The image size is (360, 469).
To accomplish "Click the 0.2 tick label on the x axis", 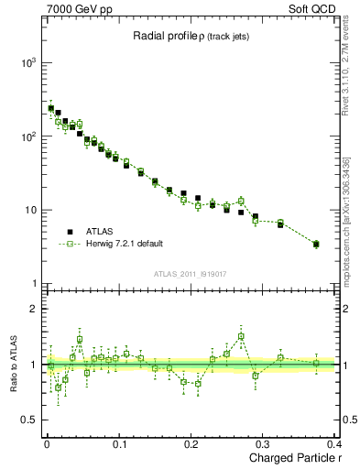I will (191, 446).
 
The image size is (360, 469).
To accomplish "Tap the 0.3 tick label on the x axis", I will (264, 446).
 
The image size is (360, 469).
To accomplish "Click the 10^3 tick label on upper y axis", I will (29, 62).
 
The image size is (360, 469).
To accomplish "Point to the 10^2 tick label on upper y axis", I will (29, 136).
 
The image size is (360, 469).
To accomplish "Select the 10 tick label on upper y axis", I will (31, 210).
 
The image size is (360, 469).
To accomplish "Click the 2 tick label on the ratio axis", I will (35, 309).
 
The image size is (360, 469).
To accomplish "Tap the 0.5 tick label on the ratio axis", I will (30, 420).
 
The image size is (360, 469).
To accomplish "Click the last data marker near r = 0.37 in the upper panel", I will (316, 244).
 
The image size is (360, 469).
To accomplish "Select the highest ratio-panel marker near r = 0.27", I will (241, 336).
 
